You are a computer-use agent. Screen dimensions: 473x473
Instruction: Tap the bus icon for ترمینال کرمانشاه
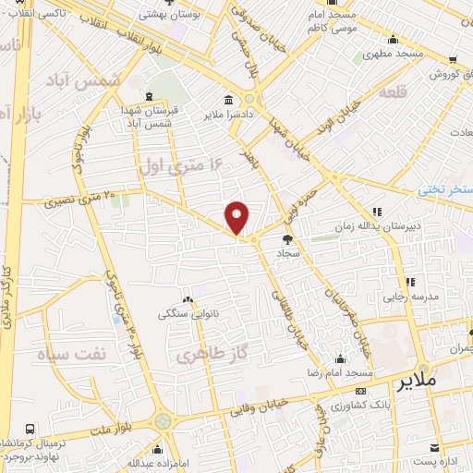[x=30, y=430]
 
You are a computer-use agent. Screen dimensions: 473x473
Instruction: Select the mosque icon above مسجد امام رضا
[x=341, y=358]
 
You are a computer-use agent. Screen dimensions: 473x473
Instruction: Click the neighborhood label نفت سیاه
[x=71, y=354]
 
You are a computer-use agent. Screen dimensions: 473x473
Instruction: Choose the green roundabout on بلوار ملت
[x=165, y=421]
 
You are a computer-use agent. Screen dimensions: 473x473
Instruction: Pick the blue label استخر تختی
[x=444, y=188]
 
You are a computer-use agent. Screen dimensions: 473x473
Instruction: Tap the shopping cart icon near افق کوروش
[x=452, y=60]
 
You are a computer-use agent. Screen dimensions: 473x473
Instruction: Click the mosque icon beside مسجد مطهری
[x=394, y=40]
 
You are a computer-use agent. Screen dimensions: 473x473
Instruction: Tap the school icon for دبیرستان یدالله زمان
[x=377, y=212]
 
